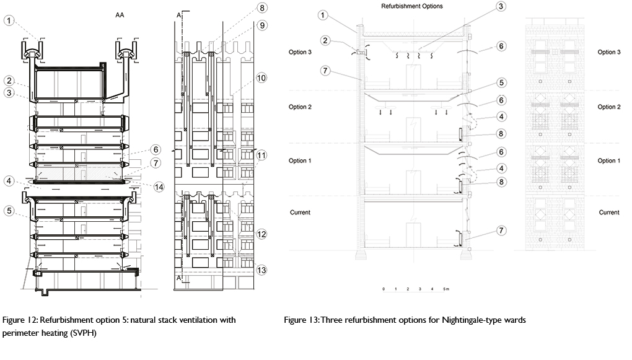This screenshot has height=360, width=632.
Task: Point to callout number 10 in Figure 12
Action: (262, 78)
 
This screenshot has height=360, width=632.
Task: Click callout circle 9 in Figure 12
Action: (262, 26)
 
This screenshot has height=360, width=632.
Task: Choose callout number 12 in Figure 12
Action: (262, 234)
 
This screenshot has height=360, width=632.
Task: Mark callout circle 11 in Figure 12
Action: (262, 154)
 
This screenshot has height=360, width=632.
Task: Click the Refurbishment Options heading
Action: (407, 6)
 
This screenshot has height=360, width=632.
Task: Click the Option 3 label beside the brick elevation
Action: (608, 53)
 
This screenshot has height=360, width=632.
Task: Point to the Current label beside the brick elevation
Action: (608, 213)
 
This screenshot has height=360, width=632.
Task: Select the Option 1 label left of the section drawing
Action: (299, 160)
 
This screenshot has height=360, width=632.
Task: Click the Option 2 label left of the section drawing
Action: (299, 107)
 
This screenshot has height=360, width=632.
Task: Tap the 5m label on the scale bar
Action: (445, 289)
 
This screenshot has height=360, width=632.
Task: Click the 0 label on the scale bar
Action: (384, 289)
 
